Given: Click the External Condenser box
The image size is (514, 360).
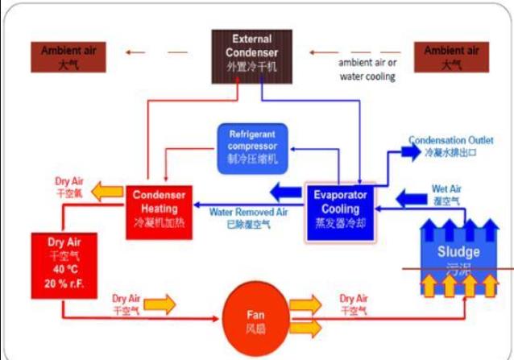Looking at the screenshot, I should click(251, 56).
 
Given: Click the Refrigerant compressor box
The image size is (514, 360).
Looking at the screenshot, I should click(253, 147).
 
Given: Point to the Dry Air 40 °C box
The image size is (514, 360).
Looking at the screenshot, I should click(61, 266).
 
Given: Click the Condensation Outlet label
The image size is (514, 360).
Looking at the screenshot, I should click(450, 145).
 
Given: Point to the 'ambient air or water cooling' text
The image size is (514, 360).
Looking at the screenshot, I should click(367, 70).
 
